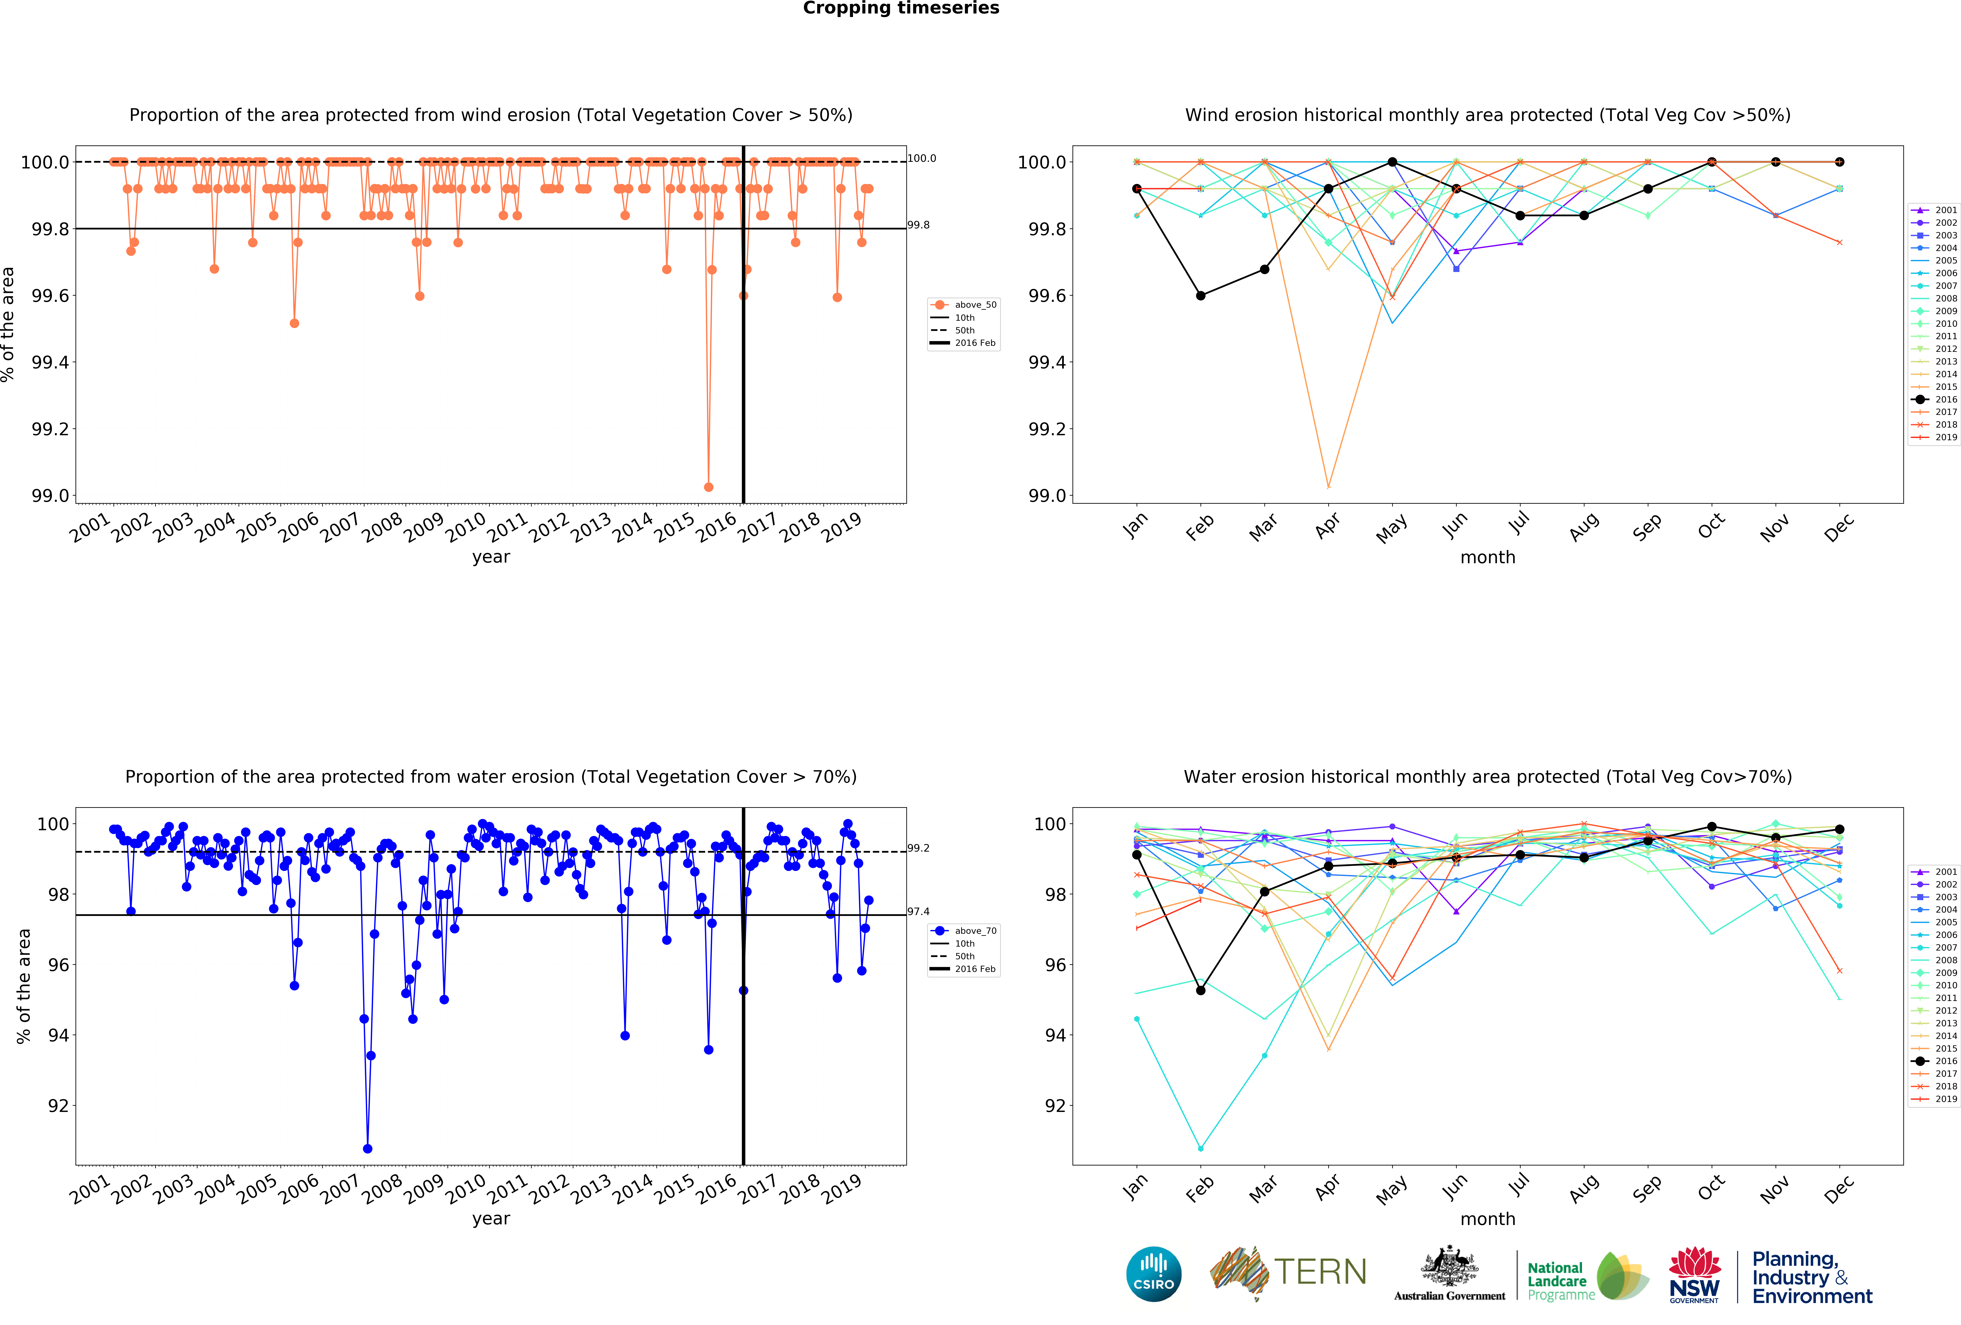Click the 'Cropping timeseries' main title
[x=900, y=9]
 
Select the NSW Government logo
[x=1694, y=1275]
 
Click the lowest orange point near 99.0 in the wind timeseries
[x=708, y=487]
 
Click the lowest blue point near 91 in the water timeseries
[x=367, y=1149]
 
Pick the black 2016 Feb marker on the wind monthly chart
[x=1201, y=295]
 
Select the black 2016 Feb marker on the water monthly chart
[x=1201, y=990]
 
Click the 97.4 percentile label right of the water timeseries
[x=918, y=912]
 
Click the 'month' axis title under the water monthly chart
[x=1488, y=1219]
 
